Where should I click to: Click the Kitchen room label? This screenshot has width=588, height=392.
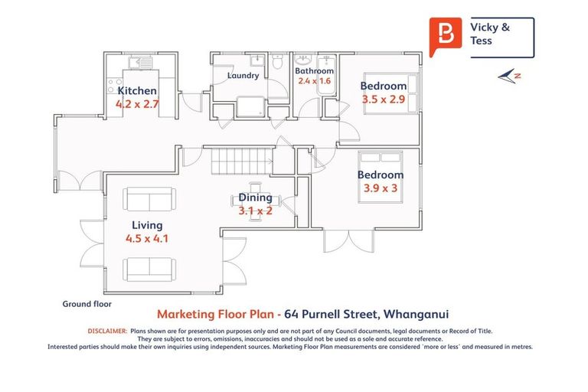coord(137,90)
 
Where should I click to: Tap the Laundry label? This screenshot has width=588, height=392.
coord(243,76)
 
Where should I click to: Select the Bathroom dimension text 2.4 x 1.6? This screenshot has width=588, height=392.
coord(314,81)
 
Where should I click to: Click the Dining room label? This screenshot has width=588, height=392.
coord(255,198)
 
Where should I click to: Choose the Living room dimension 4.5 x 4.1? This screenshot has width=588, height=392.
coord(147,238)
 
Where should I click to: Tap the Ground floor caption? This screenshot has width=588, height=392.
coord(87,304)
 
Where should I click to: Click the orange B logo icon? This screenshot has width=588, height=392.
coord(444,36)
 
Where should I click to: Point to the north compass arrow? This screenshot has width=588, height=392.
coord(508,75)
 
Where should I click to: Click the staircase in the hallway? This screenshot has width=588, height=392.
coord(241,161)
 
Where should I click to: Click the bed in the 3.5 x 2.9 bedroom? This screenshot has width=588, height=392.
coord(397,93)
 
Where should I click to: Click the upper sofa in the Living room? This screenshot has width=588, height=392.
coord(149,201)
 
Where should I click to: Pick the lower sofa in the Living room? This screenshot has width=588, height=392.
coord(149,268)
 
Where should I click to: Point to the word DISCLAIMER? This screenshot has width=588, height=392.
coord(106,331)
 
